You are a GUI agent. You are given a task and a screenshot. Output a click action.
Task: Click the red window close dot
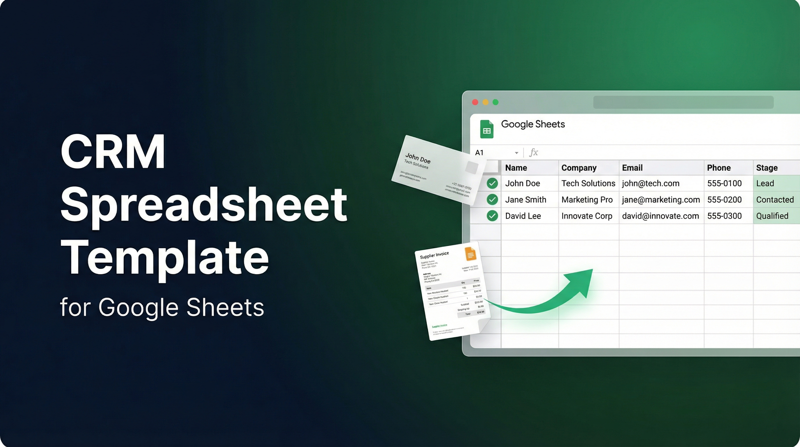tap(475, 102)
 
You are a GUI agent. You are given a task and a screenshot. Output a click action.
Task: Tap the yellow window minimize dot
tap(485, 102)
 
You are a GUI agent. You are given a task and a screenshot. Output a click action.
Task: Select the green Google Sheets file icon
tap(487, 129)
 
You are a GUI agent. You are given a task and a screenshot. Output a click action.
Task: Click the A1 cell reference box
tap(479, 152)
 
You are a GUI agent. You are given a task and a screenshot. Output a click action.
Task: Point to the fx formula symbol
tap(533, 152)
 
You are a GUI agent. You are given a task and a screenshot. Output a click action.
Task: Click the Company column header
tap(579, 168)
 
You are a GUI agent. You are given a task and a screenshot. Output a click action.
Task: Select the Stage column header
tap(767, 168)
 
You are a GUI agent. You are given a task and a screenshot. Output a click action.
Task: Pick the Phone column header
tap(719, 168)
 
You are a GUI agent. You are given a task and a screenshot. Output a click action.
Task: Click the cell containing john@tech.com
tap(651, 183)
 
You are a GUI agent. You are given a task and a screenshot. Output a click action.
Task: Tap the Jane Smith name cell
tap(526, 200)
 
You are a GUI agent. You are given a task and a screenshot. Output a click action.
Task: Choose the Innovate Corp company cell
tap(587, 216)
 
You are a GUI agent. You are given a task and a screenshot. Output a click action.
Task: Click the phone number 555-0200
tap(724, 200)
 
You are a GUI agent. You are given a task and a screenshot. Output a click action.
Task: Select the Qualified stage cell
tap(772, 216)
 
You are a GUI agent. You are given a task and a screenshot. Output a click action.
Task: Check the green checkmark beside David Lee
tap(492, 216)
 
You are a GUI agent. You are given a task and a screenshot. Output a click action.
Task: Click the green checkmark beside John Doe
tap(492, 183)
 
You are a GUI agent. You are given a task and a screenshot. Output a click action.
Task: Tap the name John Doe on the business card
tap(418, 158)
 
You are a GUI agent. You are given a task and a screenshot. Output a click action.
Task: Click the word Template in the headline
tap(165, 258)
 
